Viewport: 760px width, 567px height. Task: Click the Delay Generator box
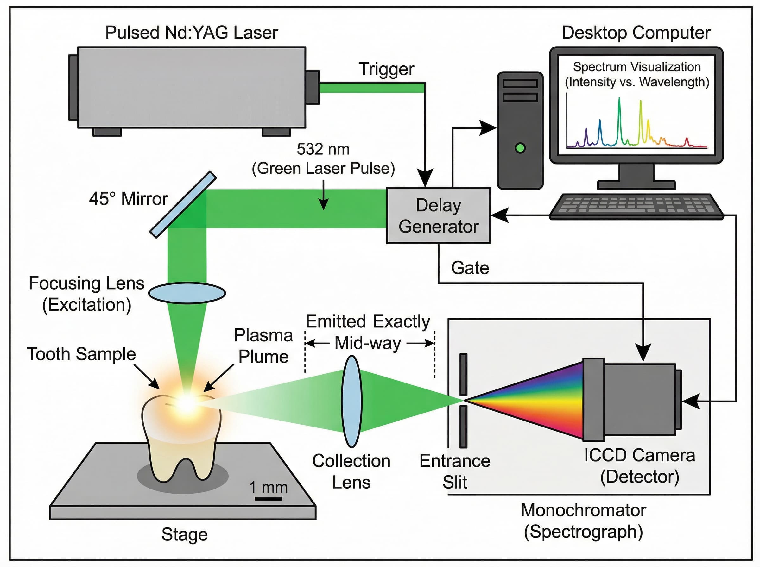[438, 215]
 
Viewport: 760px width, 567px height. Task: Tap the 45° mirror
[183, 205]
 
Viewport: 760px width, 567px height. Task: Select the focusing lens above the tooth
[187, 293]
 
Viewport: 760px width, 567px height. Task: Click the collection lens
[351, 401]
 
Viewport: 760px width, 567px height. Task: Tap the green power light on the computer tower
[520, 148]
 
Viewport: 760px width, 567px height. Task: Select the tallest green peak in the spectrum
[619, 103]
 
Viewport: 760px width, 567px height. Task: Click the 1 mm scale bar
[268, 498]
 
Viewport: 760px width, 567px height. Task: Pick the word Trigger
[386, 69]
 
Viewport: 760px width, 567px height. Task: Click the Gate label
[470, 268]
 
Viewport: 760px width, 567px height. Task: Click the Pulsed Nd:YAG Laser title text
[191, 33]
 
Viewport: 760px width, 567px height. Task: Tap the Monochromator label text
[583, 510]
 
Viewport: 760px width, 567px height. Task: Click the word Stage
[184, 534]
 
